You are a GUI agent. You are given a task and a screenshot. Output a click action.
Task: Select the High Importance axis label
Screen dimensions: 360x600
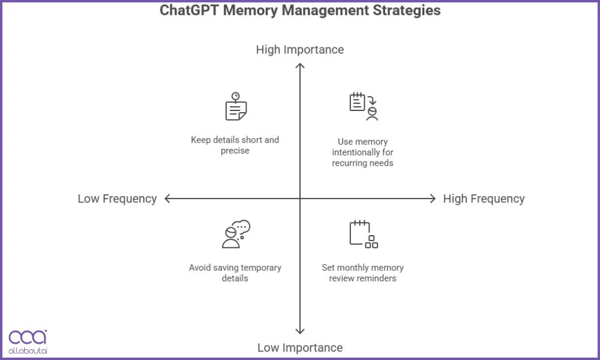point(300,49)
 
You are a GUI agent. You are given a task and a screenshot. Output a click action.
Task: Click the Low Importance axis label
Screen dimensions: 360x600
point(300,347)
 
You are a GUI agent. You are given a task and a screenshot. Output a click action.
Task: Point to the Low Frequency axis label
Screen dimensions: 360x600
point(117,199)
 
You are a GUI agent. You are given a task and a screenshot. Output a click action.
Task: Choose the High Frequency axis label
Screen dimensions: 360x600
point(484,199)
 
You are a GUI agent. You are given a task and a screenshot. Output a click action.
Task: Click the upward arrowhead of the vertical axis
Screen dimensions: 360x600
point(300,64)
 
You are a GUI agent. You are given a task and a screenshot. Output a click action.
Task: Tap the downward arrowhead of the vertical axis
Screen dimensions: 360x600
point(300,331)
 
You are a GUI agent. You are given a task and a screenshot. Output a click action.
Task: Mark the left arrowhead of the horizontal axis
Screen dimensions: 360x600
point(167,199)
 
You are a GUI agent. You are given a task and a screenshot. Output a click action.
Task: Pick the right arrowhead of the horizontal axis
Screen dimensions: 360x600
point(433,199)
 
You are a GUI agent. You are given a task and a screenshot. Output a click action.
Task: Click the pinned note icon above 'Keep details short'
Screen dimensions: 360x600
point(236,107)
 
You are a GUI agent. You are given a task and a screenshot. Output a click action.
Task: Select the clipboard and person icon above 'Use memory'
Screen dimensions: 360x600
point(364,107)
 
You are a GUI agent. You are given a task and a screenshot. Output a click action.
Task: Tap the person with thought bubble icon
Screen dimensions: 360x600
point(235,234)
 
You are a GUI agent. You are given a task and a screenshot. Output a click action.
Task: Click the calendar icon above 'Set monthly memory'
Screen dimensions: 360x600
point(364,234)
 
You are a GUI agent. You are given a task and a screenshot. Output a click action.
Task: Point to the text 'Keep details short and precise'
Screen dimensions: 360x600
point(235,145)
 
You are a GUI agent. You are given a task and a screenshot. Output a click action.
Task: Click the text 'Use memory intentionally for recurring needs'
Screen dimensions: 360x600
point(363,152)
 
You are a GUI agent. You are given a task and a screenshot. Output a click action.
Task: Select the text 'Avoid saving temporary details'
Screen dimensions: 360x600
point(235,273)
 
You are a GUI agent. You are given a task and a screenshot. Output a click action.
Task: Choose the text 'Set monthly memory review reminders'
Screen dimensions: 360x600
point(363,273)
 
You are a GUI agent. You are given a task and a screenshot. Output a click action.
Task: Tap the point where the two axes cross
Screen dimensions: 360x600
point(300,199)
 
